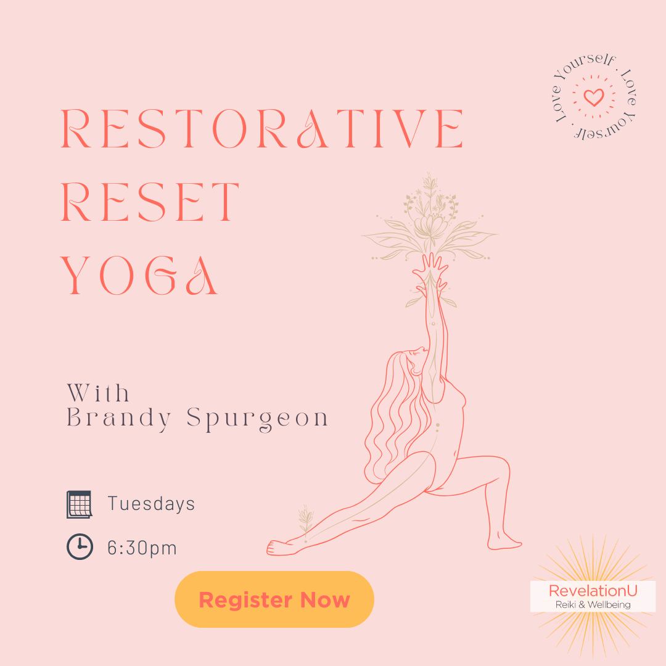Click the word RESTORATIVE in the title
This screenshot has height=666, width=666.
pyautogui.click(x=262, y=129)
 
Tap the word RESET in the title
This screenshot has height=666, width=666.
pyautogui.click(x=150, y=202)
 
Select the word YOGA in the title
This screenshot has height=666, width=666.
pyautogui.click(x=139, y=276)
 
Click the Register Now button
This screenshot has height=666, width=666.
pyautogui.click(x=274, y=599)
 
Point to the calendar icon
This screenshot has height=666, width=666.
pyautogui.click(x=80, y=504)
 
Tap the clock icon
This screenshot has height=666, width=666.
pyautogui.click(x=80, y=546)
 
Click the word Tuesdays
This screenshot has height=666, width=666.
pyautogui.click(x=151, y=504)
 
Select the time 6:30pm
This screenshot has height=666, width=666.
pyautogui.click(x=142, y=548)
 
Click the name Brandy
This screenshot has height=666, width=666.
pyautogui.click(x=120, y=418)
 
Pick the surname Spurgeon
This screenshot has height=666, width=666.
pyautogui.click(x=257, y=419)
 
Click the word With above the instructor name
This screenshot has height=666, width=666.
pyautogui.click(x=98, y=393)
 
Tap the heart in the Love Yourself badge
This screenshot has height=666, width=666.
pyautogui.click(x=594, y=97)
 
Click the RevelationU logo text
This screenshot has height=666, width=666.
pyautogui.click(x=593, y=590)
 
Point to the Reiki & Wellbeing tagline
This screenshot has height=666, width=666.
pyautogui.click(x=593, y=604)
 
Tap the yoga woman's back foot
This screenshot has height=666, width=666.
pyautogui.click(x=282, y=548)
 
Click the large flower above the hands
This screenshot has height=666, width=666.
pyautogui.click(x=429, y=225)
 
